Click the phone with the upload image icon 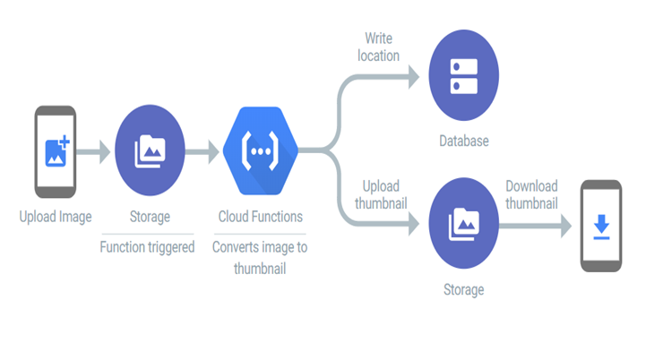56,151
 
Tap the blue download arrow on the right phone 601,227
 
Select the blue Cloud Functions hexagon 261,150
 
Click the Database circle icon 464,75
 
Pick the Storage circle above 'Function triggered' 150,150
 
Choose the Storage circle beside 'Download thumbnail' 464,223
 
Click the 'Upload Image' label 56,217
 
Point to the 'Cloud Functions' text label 261,217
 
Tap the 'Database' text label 464,141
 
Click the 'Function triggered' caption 147,247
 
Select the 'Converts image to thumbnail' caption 260,258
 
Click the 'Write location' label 378,47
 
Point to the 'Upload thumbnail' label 381,195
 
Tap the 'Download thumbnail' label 532,195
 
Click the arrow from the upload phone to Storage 93,151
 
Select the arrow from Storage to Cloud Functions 202,151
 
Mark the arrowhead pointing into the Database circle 414,77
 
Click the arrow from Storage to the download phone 535,226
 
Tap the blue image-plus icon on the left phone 57,151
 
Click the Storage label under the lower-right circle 464,290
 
